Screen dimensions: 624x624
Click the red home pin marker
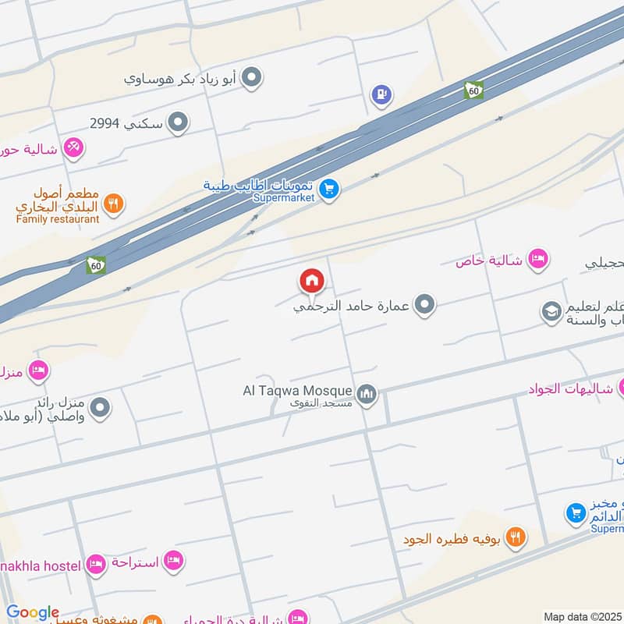click(x=312, y=281)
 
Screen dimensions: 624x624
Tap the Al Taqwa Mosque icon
click(x=367, y=395)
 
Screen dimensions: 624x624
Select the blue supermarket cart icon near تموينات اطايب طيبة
click(x=329, y=190)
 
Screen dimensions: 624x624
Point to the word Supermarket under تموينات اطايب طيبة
click(x=284, y=198)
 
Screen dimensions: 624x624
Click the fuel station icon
click(x=381, y=95)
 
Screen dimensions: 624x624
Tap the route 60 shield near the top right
click(x=473, y=90)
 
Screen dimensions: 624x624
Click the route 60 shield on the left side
click(x=96, y=265)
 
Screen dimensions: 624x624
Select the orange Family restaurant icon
click(x=114, y=204)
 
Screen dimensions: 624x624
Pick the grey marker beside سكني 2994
click(x=179, y=122)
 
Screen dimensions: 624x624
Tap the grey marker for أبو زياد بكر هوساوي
click(x=251, y=78)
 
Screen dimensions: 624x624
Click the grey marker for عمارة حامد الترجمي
click(x=424, y=305)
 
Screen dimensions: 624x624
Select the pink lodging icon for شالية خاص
click(x=537, y=259)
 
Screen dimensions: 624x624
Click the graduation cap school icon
click(x=552, y=313)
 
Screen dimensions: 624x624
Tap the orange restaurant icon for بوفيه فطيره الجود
click(x=515, y=537)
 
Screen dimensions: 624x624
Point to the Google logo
click(x=33, y=613)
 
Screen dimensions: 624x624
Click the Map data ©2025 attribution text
click(x=582, y=616)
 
